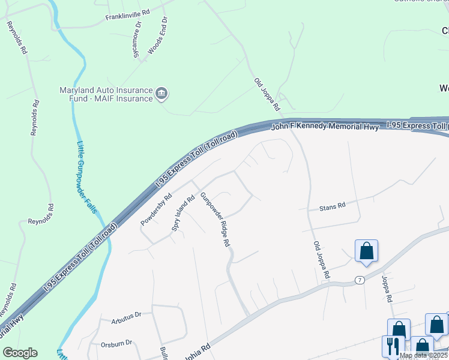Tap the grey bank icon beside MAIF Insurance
(x=161, y=94)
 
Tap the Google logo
(x=20, y=353)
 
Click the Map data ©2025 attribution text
(x=423, y=355)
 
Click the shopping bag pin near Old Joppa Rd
(x=366, y=251)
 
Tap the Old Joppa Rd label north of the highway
(x=267, y=94)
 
